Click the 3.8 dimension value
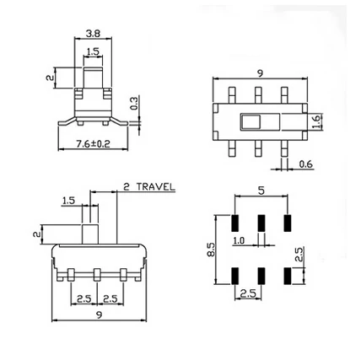pos(94,35)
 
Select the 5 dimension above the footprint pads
pos(261,191)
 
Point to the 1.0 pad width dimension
pos(240,241)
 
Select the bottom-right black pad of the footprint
pos(288,276)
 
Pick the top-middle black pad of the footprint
pos(261,222)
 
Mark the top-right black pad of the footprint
pos(288,222)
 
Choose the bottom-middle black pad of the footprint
pos(261,276)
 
